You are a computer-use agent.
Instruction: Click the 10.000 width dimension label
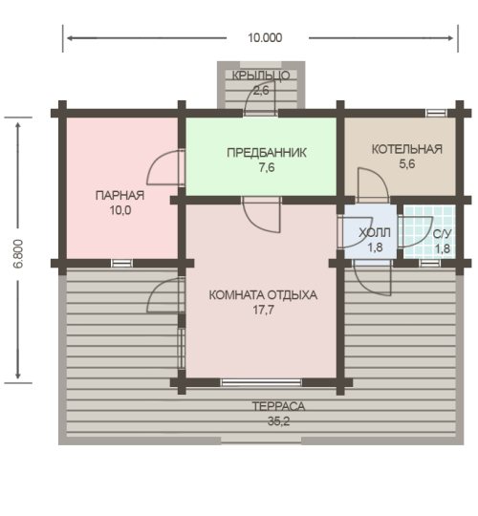265,38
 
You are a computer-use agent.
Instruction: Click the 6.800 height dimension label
18,254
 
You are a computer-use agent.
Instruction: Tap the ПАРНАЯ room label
119,196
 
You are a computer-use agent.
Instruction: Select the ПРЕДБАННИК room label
267,153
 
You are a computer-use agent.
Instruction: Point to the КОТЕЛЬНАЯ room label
407,149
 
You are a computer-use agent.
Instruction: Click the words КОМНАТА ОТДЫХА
263,295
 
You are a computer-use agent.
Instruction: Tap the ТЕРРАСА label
278,406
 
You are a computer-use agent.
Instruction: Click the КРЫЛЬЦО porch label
261,75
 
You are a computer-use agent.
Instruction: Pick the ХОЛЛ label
375,232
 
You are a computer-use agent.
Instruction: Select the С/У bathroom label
442,234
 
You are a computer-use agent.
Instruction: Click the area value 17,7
263,310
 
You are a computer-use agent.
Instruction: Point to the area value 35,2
278,421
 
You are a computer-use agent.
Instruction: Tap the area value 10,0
120,210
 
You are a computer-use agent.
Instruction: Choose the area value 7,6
267,167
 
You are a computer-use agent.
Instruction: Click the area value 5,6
407,164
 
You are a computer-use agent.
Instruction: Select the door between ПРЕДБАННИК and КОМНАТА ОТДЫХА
261,215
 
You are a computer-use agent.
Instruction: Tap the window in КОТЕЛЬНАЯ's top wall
436,113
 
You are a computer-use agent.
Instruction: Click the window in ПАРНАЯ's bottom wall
121,264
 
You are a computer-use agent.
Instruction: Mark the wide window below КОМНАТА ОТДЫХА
261,382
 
